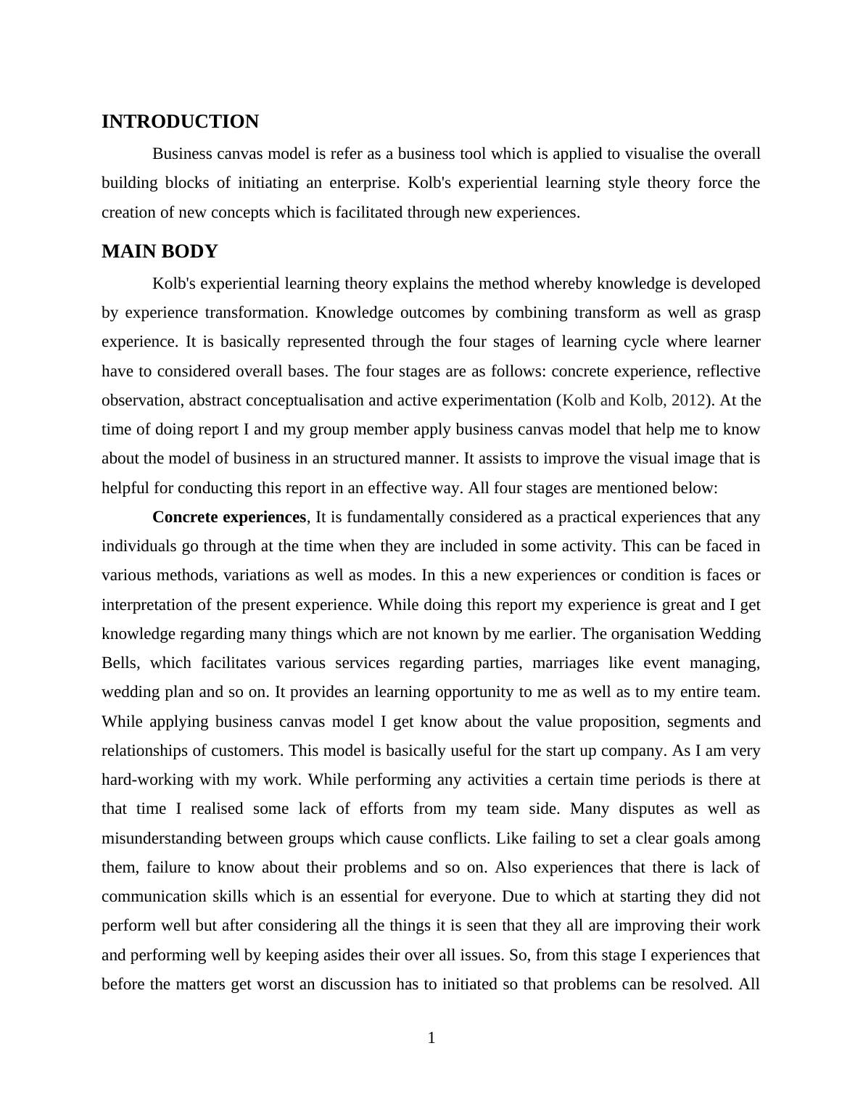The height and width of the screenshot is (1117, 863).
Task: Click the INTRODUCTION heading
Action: point(180,122)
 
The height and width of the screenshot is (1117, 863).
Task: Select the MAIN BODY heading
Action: point(160,252)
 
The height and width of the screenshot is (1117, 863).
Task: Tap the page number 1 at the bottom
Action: point(431,1039)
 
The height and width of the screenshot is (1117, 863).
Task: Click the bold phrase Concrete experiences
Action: point(229,517)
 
